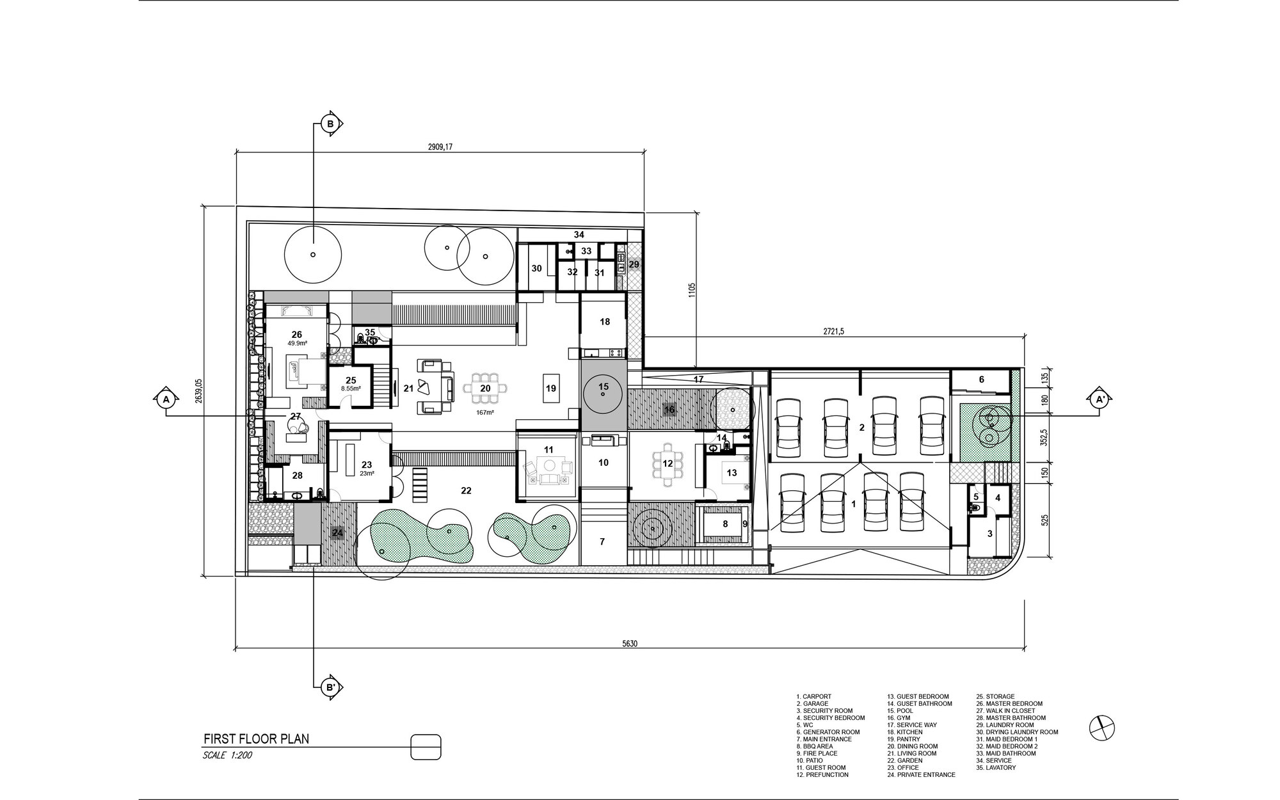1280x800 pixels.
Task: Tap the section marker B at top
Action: (331, 124)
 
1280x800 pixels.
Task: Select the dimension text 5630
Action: (630, 643)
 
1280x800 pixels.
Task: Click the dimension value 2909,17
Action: (440, 147)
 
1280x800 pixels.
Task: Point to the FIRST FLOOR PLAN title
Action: (256, 739)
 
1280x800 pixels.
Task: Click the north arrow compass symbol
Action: (1103, 726)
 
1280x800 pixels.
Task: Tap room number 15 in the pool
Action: (603, 387)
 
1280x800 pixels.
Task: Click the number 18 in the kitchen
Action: (605, 322)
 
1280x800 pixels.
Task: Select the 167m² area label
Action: (484, 413)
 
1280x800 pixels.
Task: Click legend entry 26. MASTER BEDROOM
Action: (1009, 703)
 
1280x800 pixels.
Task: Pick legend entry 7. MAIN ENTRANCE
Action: (824, 739)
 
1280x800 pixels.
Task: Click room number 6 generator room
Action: (982, 380)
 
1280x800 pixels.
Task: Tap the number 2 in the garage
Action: (861, 428)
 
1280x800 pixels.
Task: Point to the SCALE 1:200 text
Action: (228, 755)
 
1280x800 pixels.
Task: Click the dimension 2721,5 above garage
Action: (833, 332)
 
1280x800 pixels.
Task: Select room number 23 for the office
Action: (366, 465)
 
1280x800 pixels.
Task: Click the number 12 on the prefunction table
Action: (668, 463)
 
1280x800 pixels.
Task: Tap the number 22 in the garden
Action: (466, 490)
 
